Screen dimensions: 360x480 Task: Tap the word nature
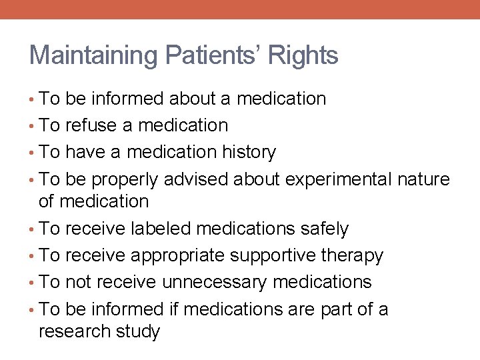pos(423,179)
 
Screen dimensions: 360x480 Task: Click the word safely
pos(323,229)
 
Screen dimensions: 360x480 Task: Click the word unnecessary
pos(215,282)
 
